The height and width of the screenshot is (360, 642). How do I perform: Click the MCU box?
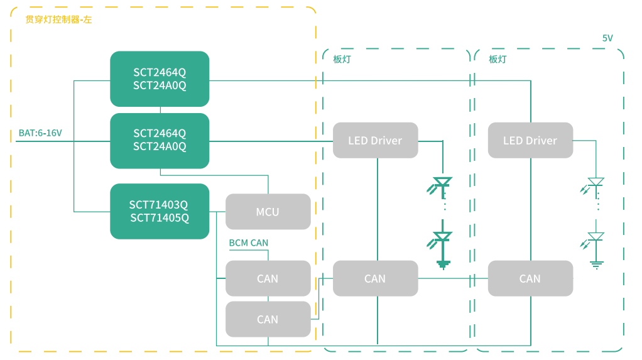tap(268, 212)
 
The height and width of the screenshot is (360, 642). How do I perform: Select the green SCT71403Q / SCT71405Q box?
tap(160, 211)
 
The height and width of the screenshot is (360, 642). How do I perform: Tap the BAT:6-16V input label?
tap(40, 133)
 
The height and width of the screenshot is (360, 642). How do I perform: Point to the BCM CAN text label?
tap(249, 243)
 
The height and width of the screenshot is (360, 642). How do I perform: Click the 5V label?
tap(607, 38)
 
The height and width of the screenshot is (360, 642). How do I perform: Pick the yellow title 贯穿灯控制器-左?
tap(58, 19)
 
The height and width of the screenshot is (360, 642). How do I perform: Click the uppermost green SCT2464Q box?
tap(160, 79)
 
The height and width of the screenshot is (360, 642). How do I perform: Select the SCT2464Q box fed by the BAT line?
tap(160, 140)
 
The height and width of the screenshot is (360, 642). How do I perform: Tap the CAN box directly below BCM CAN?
tap(268, 278)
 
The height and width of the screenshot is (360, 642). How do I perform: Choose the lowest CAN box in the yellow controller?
tap(268, 319)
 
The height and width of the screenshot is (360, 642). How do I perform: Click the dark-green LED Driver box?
tap(375, 140)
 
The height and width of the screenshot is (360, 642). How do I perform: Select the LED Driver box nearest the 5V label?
tap(530, 140)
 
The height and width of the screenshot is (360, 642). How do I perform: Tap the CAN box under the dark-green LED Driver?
tap(375, 278)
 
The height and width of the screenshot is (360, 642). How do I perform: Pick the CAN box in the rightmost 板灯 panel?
tap(530, 278)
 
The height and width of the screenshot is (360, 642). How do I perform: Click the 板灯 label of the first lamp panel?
tap(342, 60)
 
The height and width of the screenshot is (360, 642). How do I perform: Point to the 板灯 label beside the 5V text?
tap(498, 60)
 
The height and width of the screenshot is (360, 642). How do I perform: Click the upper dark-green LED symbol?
tap(442, 183)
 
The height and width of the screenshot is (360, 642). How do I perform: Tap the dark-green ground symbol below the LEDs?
tap(443, 264)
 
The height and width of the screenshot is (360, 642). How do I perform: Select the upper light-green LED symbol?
tap(596, 182)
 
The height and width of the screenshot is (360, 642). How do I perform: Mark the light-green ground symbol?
tap(596, 264)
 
